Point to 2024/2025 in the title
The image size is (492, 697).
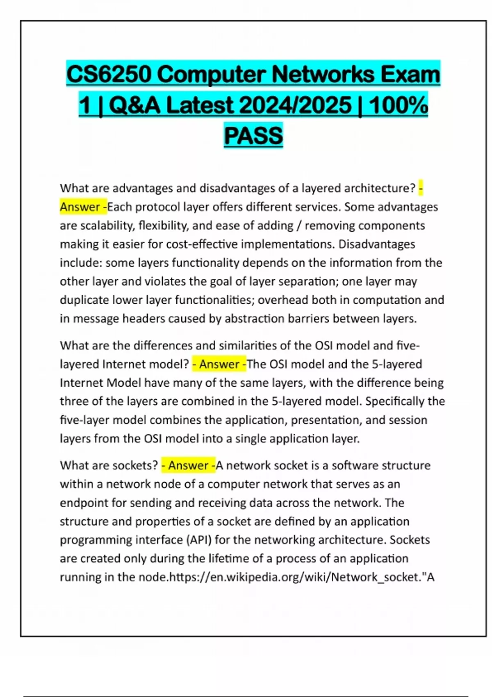tap(295, 105)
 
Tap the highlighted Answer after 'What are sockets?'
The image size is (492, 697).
tap(188, 465)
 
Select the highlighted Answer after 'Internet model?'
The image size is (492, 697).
tap(219, 364)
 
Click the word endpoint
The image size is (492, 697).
tap(84, 503)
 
